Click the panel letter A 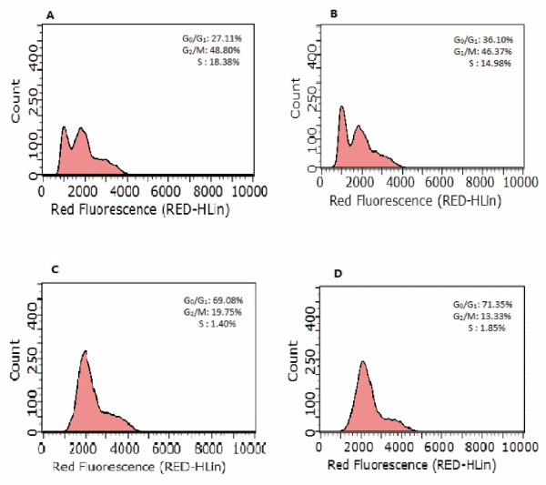tap(35, 15)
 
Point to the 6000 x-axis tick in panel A tap(166, 191)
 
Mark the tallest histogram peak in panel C tap(85, 351)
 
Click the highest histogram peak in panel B tap(341, 107)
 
